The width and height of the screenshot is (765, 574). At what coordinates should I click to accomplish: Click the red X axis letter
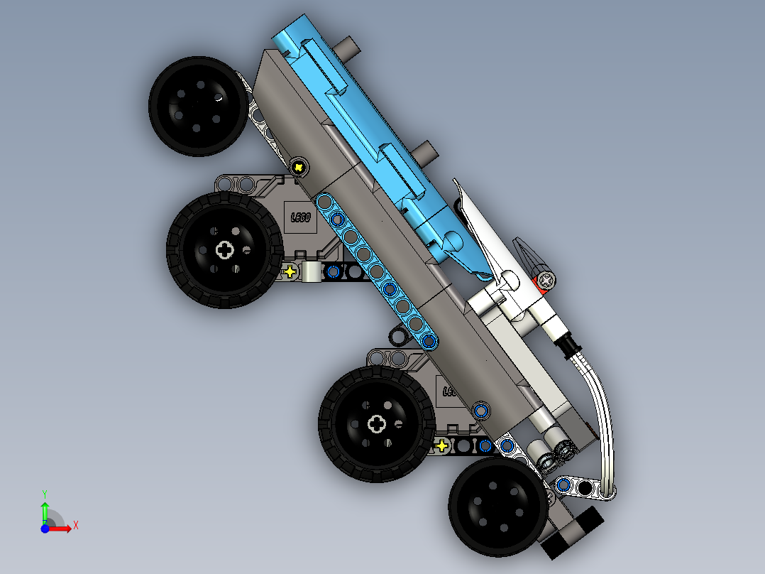coord(75,525)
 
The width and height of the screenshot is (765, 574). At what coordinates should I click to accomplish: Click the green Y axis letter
coord(44,492)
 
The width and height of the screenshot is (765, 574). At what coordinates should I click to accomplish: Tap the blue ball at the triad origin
coord(45,529)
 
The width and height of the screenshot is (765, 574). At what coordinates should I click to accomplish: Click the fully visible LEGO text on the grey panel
coord(302,217)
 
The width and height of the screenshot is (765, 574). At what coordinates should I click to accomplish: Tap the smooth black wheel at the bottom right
coord(498,506)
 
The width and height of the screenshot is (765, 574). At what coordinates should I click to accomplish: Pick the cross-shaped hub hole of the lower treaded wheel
coord(377,424)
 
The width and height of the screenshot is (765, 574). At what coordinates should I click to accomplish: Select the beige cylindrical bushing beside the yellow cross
coord(312,271)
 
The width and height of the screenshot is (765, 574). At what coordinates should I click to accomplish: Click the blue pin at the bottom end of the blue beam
coord(428,342)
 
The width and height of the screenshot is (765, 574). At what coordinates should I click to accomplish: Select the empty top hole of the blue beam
coord(324,203)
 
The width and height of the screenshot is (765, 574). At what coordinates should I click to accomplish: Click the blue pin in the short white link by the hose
coord(564,484)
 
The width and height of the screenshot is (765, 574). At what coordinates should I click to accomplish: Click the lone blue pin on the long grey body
coord(481,410)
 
